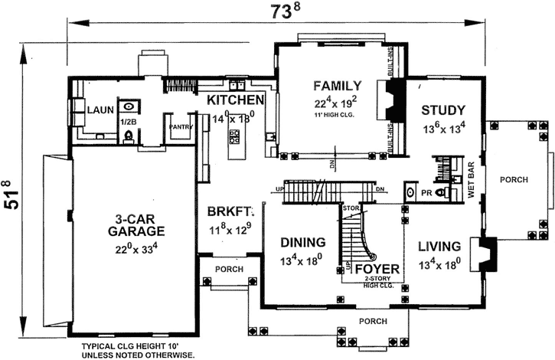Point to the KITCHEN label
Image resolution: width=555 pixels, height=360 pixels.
(236, 100)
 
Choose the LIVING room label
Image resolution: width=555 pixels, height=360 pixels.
(439, 247)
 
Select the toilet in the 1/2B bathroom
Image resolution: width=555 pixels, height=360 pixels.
(129, 136)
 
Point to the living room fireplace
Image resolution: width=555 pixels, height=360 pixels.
(485, 252)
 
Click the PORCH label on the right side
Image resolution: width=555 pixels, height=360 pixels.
(514, 180)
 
